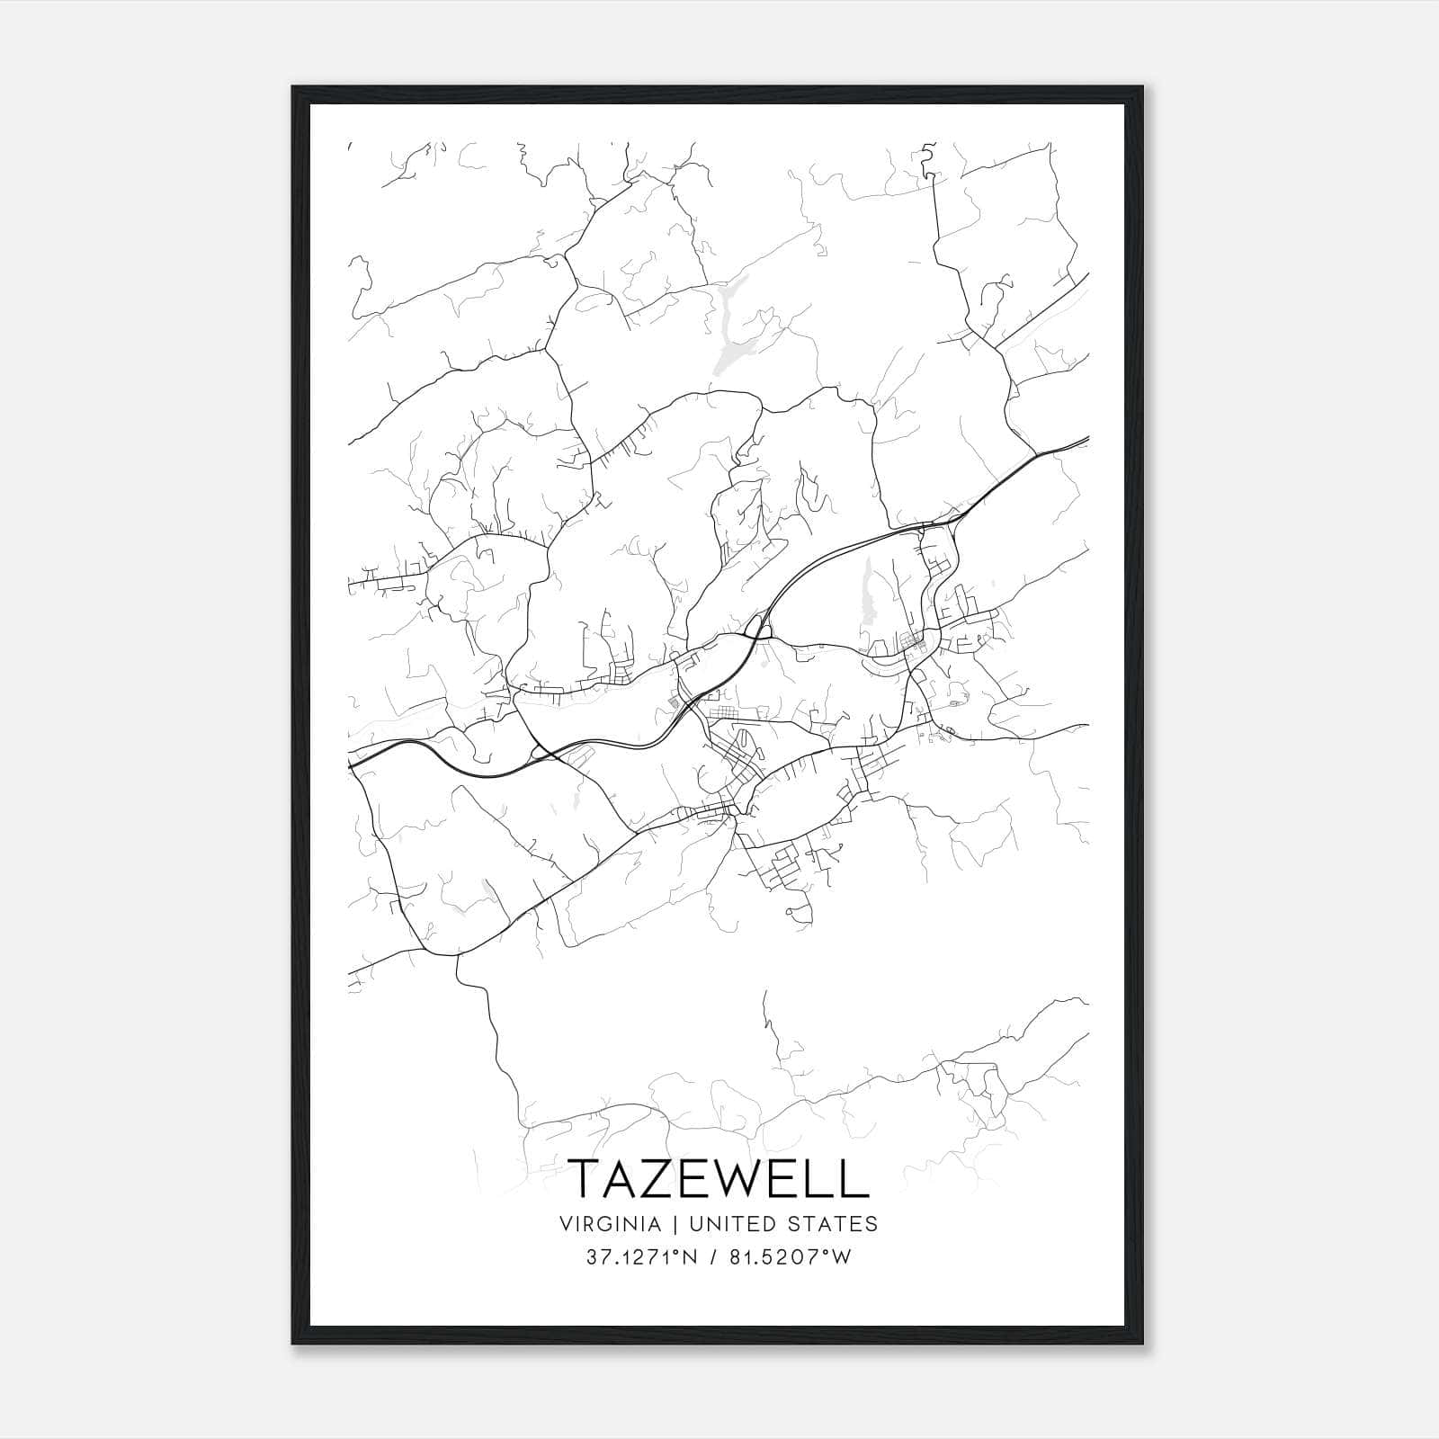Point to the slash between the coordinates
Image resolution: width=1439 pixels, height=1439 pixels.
tap(712, 1257)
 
